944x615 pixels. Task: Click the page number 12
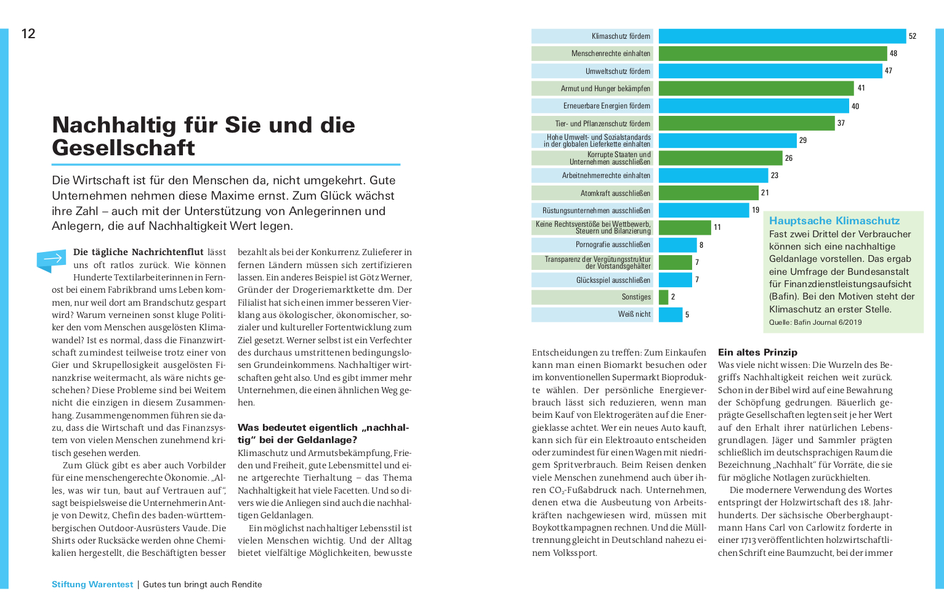point(28,34)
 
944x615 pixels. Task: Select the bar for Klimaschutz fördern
point(782,36)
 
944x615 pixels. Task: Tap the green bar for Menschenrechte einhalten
point(773,54)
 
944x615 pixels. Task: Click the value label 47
point(889,71)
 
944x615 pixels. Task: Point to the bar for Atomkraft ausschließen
point(708,193)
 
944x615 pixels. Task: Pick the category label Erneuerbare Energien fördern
point(607,106)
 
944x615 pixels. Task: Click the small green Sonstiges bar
point(663,297)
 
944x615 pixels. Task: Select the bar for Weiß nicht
point(671,315)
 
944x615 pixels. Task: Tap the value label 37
point(841,123)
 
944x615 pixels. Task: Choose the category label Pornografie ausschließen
point(613,245)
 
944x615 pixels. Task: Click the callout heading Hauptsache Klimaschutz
point(834,221)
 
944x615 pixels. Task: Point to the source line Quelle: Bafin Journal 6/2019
point(815,322)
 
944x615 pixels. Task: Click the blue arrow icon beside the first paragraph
point(51,260)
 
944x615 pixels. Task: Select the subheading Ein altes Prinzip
point(758,352)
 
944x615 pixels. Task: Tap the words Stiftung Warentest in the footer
point(92,584)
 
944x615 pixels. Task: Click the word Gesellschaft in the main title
point(124,148)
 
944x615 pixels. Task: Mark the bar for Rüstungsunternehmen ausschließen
point(704,210)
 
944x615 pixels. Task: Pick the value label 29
point(803,141)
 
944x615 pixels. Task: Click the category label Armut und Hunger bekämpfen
point(605,89)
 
